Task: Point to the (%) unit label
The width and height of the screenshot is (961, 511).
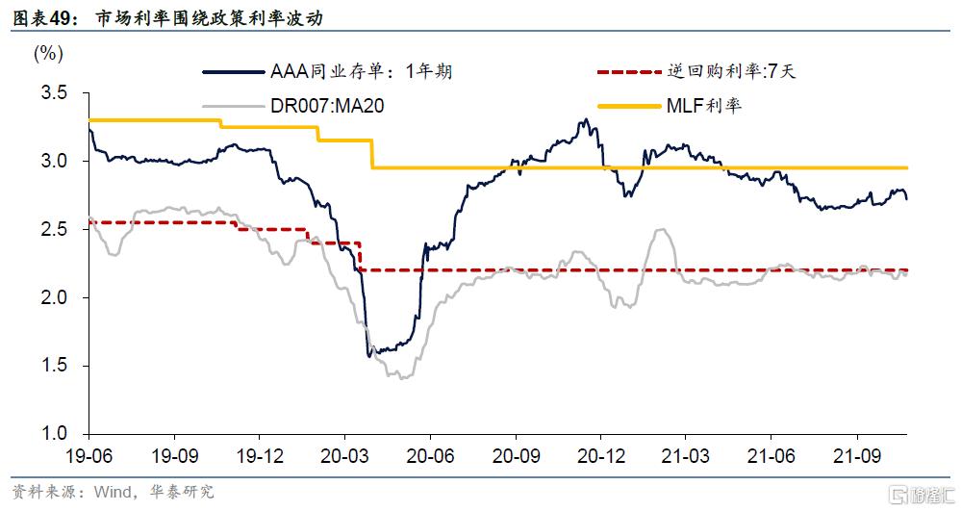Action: [48, 54]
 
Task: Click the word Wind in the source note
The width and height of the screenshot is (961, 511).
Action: [112, 493]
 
